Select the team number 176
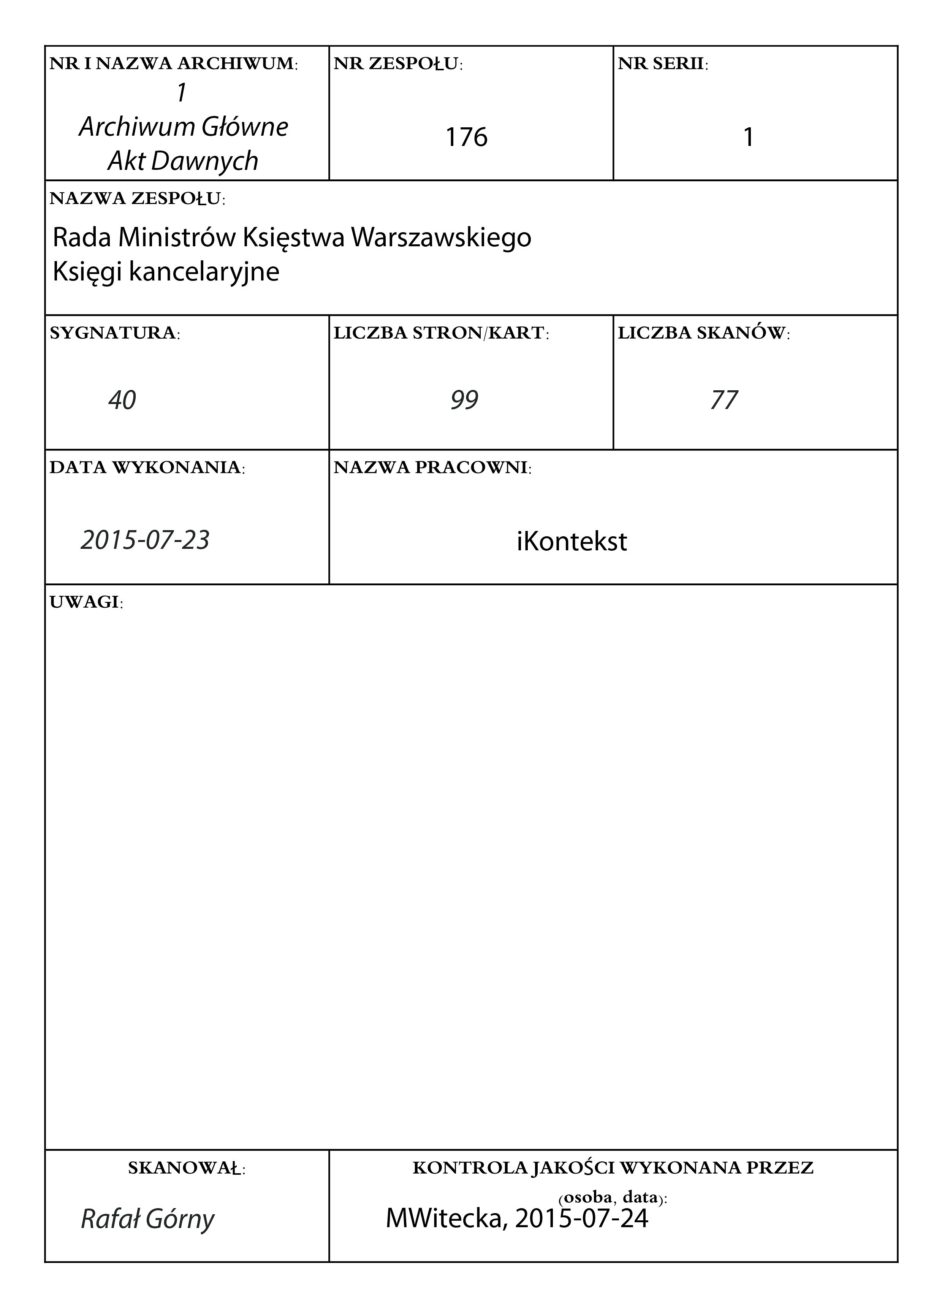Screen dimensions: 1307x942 pyautogui.click(x=466, y=137)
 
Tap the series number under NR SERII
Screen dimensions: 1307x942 pyautogui.click(x=749, y=137)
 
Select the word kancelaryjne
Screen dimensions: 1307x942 pyautogui.click(x=204, y=271)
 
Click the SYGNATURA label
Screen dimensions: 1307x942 pyautogui.click(x=114, y=333)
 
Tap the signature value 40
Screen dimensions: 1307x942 pyautogui.click(x=122, y=400)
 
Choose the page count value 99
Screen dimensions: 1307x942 pyautogui.click(x=464, y=400)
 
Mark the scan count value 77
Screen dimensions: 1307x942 pyautogui.click(x=724, y=400)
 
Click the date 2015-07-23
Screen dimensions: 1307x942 pyautogui.click(x=145, y=540)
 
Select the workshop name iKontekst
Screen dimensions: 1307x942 pyautogui.click(x=572, y=542)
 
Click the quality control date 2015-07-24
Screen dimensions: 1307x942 pyautogui.click(x=582, y=1218)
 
